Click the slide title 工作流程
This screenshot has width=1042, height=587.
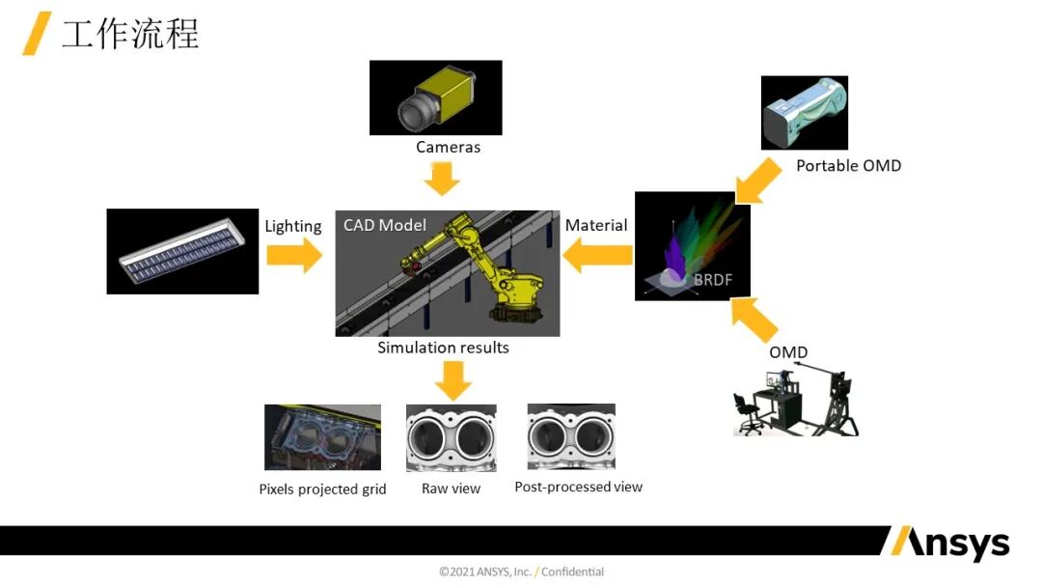[x=130, y=35]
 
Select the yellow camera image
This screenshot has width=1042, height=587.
[x=435, y=98]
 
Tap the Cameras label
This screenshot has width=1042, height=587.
[x=448, y=148]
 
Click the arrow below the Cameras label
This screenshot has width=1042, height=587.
[x=443, y=179]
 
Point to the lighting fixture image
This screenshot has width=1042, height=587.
[x=182, y=251]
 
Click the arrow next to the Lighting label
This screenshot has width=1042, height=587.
[x=294, y=256]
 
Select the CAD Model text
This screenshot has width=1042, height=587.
[x=385, y=225]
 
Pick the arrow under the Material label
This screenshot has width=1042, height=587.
[x=598, y=257]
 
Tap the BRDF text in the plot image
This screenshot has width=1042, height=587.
[x=712, y=281]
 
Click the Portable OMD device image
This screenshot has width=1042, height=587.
[x=804, y=113]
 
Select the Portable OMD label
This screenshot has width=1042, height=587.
[x=848, y=166]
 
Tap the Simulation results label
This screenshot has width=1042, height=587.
[x=443, y=348]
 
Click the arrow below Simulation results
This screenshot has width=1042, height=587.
[x=452, y=379]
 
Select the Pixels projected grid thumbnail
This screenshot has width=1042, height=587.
[x=322, y=437]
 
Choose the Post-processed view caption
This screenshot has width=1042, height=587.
[x=578, y=488]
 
